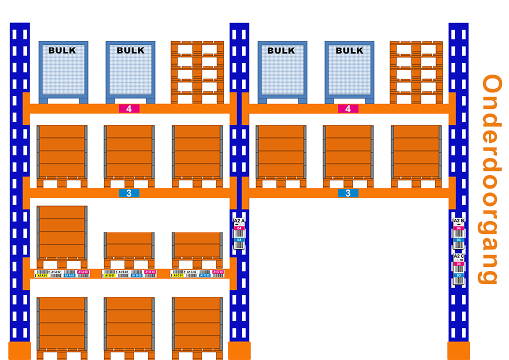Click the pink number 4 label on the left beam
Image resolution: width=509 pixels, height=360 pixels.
coord(129,108)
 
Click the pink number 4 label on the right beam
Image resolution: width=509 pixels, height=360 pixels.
coord(348,108)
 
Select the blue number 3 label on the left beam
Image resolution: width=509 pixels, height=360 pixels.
coord(129,193)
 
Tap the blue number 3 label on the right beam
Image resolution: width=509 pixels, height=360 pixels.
coord(348,193)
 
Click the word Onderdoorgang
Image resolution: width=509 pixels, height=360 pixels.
coord(490,179)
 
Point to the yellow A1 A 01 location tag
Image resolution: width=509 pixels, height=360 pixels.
coord(42,275)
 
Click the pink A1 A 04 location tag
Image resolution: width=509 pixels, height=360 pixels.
coord(83,272)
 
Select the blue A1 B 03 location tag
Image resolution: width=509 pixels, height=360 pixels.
coord(136,275)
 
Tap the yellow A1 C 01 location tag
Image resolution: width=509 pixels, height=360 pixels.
coord(178,275)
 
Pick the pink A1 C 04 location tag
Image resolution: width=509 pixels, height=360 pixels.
coord(218,272)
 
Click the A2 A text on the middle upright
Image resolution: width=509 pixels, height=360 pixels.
coord(239,220)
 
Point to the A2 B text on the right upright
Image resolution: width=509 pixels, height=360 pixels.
coord(458,220)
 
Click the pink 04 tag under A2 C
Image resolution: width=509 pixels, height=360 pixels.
coord(458,263)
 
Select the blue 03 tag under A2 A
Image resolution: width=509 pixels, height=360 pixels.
coord(239,240)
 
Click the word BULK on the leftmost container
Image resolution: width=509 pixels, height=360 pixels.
coord(62,50)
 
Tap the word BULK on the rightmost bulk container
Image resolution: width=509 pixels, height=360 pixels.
coord(349,50)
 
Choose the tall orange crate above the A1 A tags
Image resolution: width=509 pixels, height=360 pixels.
coord(62,233)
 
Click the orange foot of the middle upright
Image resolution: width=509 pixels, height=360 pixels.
coord(239,350)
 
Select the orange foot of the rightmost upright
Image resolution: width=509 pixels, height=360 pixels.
coord(458,350)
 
